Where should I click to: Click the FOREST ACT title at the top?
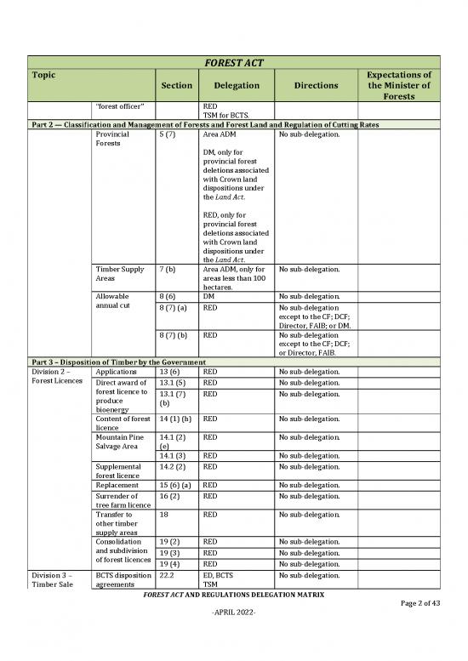point(233,61)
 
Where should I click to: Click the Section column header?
point(177,86)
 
